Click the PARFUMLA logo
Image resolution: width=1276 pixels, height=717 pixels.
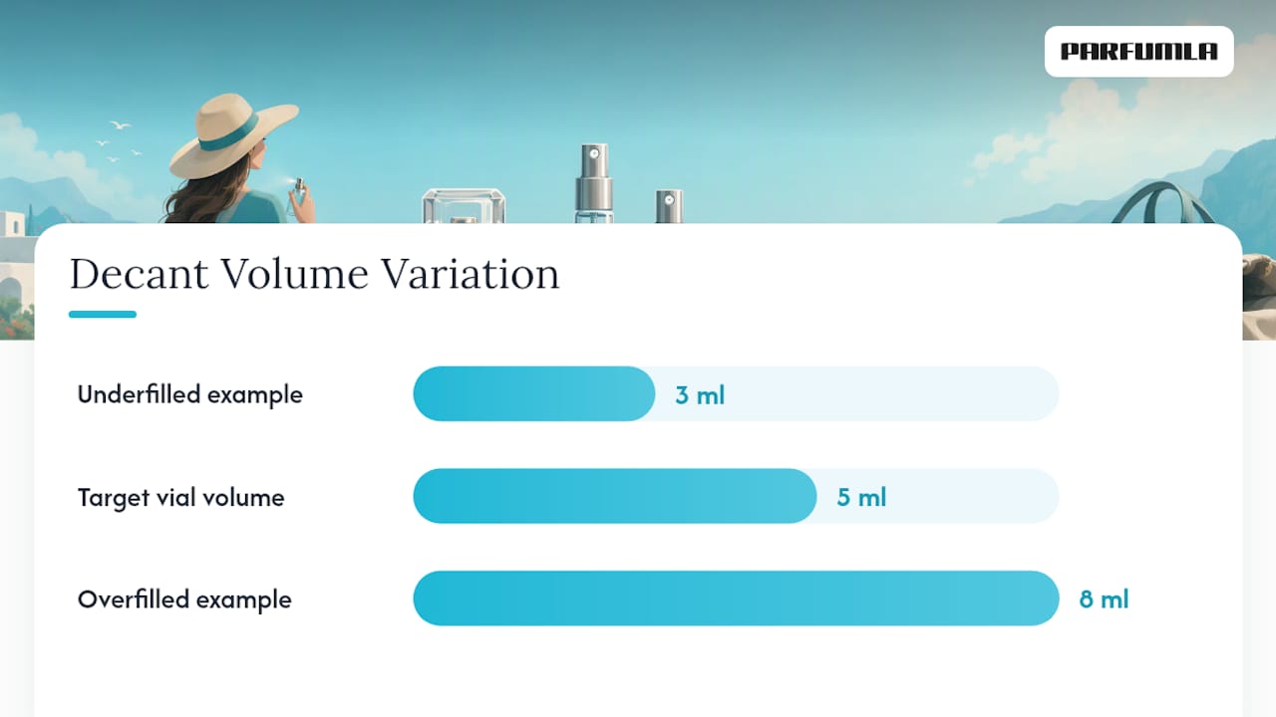point(1138,51)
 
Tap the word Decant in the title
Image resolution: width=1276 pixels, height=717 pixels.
point(139,274)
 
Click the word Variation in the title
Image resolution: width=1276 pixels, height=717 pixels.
point(470,274)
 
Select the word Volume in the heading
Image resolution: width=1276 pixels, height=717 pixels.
point(294,274)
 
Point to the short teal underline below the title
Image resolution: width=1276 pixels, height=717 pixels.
point(103,314)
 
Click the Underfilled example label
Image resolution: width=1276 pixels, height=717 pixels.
point(189,394)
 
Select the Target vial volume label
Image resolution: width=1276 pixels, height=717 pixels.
point(180,497)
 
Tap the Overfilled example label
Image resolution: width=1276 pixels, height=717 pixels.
point(184,599)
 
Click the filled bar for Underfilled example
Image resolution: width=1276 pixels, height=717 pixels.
point(533,393)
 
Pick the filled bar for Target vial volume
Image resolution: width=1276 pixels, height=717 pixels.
point(615,496)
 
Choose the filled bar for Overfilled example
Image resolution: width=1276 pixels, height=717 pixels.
point(736,598)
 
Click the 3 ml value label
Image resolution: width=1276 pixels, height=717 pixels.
point(700,395)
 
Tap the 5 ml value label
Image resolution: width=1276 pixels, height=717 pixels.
point(861,497)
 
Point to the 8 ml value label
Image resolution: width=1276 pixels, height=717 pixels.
point(1104,599)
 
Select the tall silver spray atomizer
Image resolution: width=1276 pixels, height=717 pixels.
point(594,183)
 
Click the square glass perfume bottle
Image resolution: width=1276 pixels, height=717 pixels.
point(464,206)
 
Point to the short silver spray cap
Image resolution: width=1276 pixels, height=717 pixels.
point(669,206)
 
